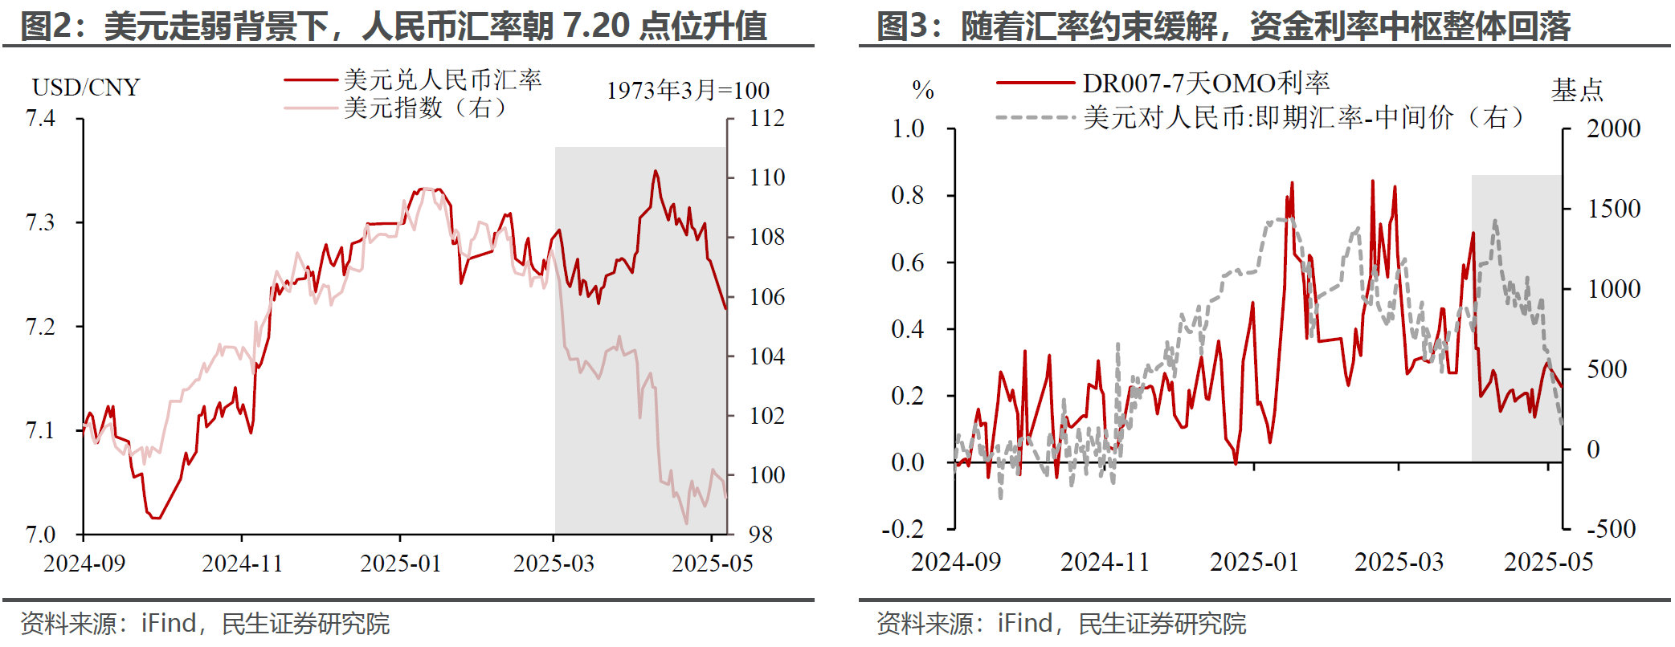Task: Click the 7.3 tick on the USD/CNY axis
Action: (40, 222)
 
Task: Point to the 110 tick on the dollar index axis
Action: (766, 177)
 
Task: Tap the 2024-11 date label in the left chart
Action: (242, 563)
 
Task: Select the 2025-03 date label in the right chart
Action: (1399, 562)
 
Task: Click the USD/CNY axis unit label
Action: (86, 87)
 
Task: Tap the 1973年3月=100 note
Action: (688, 91)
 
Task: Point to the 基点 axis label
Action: (1577, 90)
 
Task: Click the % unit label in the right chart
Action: (923, 90)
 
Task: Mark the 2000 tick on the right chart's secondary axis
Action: (1613, 128)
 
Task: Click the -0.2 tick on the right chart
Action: (903, 529)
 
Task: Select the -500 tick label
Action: (1611, 529)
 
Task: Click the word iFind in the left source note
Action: (169, 624)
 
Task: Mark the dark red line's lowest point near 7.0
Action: (154, 518)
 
